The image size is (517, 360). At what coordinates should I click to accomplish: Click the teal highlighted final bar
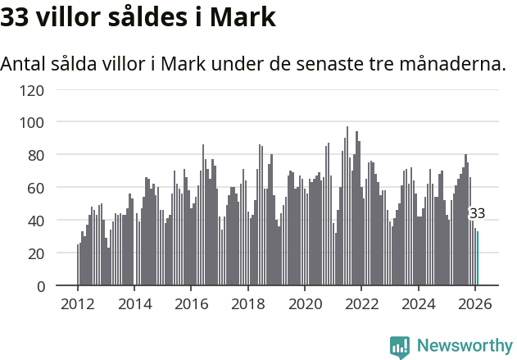pyautogui.click(x=478, y=258)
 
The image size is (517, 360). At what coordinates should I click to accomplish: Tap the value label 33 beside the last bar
pyautogui.click(x=477, y=213)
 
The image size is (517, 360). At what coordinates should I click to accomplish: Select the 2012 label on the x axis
pyautogui.click(x=78, y=304)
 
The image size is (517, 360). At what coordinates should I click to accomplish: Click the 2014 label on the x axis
pyautogui.click(x=134, y=304)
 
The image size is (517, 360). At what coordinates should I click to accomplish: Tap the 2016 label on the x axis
pyautogui.click(x=191, y=304)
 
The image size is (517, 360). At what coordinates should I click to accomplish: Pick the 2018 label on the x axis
pyautogui.click(x=247, y=304)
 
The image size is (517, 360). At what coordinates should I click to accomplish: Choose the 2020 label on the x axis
pyautogui.click(x=305, y=304)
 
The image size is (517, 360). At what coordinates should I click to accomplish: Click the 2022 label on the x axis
pyautogui.click(x=361, y=304)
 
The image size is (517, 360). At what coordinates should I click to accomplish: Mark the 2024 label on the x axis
pyautogui.click(x=418, y=304)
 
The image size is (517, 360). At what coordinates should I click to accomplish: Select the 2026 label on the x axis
pyautogui.click(x=474, y=304)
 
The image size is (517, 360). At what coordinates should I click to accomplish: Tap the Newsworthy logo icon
pyautogui.click(x=400, y=346)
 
